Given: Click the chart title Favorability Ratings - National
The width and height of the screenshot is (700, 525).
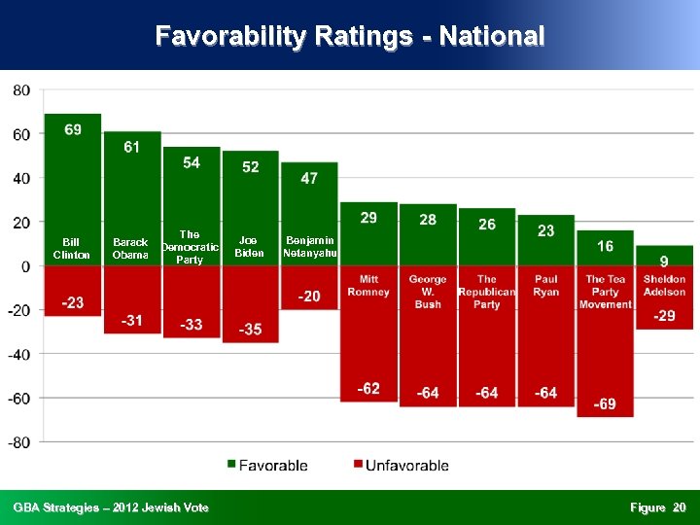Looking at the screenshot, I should (x=350, y=37).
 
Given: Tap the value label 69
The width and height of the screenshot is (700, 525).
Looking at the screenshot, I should (x=73, y=129).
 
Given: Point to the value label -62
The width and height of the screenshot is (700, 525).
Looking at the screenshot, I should (x=368, y=388).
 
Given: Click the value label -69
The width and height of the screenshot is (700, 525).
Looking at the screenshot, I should (x=605, y=403).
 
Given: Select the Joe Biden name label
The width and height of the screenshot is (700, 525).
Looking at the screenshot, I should (x=250, y=247).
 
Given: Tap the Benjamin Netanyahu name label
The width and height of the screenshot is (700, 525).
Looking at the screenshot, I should (x=309, y=247).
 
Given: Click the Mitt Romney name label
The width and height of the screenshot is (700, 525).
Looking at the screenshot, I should (x=368, y=285).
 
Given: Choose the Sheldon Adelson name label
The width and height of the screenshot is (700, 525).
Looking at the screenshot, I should (x=664, y=285).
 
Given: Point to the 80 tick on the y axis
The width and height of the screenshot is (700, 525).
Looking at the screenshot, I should (x=21, y=90).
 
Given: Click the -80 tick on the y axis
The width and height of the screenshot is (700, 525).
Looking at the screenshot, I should (x=19, y=442).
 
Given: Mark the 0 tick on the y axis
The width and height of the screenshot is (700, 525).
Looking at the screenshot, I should (x=25, y=266).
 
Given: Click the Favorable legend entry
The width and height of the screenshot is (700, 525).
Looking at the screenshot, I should (x=267, y=466).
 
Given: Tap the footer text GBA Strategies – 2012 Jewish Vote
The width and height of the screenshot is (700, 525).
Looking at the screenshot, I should (x=111, y=507).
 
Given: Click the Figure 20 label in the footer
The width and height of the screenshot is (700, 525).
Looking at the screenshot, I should (x=657, y=507).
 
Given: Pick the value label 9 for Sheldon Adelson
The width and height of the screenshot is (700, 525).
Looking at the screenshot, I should (x=664, y=261).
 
